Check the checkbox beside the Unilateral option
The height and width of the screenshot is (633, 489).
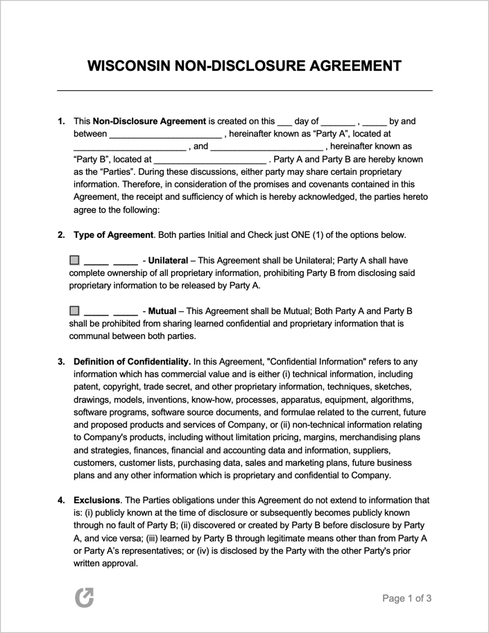click(75, 261)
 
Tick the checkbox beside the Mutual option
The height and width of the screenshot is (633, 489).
click(75, 311)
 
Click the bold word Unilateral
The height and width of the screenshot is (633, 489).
click(168, 261)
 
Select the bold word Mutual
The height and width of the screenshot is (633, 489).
click(162, 311)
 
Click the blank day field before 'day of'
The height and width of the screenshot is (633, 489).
click(284, 122)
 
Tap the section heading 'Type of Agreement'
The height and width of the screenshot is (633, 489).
click(113, 235)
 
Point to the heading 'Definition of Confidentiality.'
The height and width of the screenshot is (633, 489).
click(132, 362)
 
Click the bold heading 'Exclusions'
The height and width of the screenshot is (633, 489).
click(96, 501)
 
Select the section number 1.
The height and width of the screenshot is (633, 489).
click(61, 121)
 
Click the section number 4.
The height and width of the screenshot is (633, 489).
click(61, 501)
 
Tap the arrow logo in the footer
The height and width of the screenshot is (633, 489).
click(84, 597)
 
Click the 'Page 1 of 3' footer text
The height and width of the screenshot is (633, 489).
click(407, 598)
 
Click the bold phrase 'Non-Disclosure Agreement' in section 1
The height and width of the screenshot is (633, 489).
click(149, 121)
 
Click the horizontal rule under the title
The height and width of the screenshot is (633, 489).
click(244, 91)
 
